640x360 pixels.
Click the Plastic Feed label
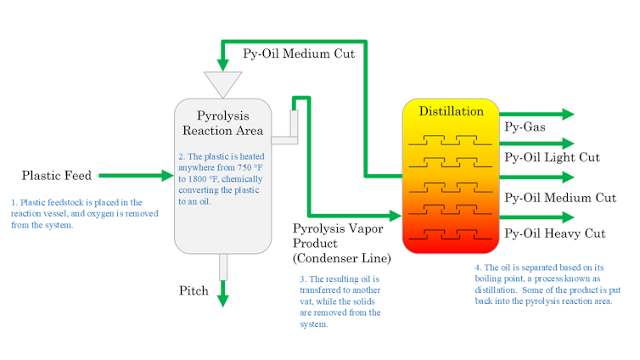(x=57, y=176)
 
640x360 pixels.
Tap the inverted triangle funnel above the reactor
(x=222, y=83)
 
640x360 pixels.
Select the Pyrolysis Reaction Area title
(x=222, y=123)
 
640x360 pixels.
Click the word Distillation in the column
(x=451, y=111)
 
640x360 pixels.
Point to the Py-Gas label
(x=525, y=128)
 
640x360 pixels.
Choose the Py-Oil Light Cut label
(x=552, y=157)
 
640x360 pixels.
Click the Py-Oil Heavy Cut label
(x=554, y=233)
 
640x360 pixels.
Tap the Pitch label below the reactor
(x=194, y=290)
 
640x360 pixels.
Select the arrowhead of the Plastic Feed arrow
(x=166, y=176)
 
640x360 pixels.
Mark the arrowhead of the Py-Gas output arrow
(x=567, y=114)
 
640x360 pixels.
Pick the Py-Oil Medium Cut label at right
(x=559, y=198)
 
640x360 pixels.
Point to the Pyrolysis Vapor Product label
(x=341, y=244)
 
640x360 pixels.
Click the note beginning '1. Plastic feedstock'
(x=76, y=213)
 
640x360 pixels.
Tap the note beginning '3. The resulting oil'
(x=340, y=301)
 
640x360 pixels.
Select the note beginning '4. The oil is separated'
(x=549, y=284)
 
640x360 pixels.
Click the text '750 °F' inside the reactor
(x=253, y=167)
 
